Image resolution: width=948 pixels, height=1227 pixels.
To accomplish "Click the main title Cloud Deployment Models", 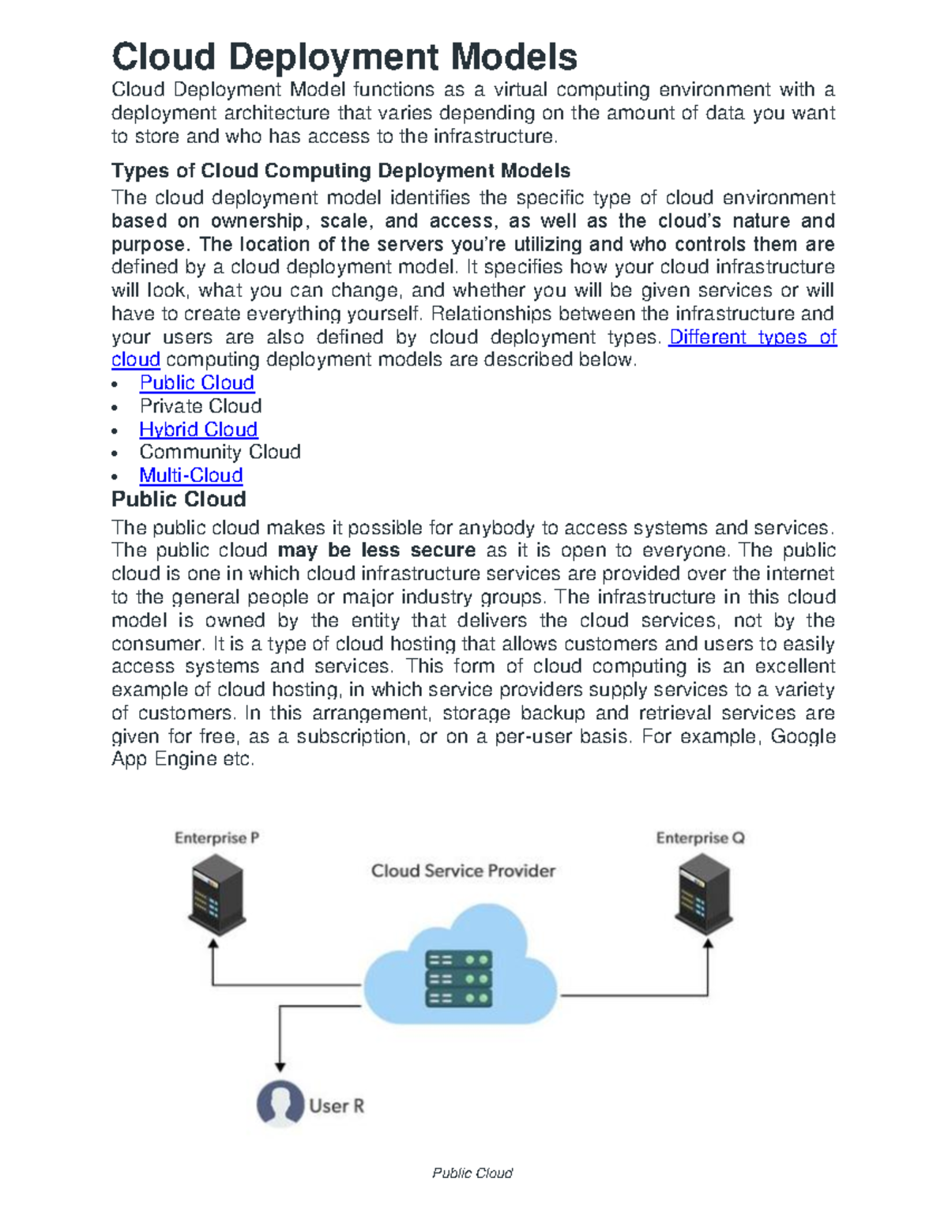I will point(344,58).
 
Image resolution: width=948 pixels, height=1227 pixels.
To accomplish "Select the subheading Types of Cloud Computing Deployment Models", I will point(340,171).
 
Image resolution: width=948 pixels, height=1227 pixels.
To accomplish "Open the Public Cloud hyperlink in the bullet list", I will point(197,383).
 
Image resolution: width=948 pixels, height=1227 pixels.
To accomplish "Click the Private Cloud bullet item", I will point(201,406).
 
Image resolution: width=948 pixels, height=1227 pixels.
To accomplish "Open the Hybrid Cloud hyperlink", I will point(198,429).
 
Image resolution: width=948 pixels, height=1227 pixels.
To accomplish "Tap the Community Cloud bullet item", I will point(220,452).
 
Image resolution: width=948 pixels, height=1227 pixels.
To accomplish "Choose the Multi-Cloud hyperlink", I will point(191,476).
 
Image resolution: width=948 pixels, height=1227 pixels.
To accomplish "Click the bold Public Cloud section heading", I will point(179,499).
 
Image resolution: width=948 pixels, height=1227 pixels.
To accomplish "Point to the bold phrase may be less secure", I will point(377,551).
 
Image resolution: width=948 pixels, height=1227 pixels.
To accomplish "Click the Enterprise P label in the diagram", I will point(216,838).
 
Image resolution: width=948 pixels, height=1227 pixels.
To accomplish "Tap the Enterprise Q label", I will point(700,838).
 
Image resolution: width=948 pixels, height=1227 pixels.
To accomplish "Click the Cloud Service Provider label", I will point(463,871).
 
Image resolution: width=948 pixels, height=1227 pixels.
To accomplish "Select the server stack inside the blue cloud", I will point(459,978).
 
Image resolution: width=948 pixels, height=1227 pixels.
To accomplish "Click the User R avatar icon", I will point(280,1103).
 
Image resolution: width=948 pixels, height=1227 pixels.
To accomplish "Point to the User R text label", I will point(337,1106).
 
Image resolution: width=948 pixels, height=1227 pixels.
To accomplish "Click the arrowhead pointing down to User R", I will point(280,1067).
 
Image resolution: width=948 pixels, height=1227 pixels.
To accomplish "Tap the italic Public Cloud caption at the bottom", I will point(472,1173).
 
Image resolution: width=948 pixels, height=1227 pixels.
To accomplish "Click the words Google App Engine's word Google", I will point(803,736).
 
